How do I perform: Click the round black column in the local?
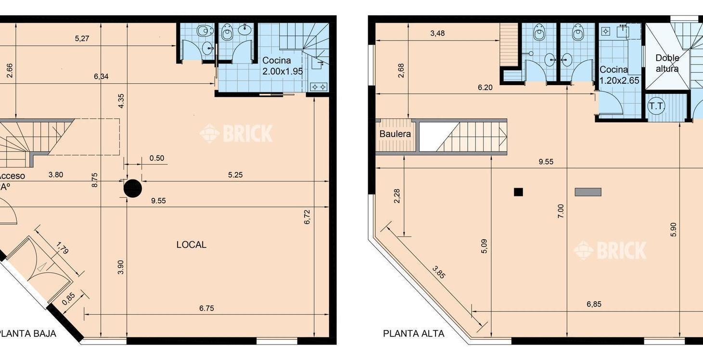tap(133, 188)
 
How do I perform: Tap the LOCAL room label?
tap(192, 245)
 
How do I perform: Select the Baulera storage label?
tap(395, 134)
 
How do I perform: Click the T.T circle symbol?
tap(656, 106)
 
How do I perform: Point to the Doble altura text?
tap(667, 64)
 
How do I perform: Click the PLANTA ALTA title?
tap(414, 334)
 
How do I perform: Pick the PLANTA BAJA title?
tap(27, 334)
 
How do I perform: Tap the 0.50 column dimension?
tap(157, 158)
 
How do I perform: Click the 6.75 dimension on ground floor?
tap(206, 309)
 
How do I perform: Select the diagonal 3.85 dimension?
tap(438, 272)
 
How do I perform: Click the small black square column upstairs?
tap(518, 192)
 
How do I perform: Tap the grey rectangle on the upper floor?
tap(588, 192)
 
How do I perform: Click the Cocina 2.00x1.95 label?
tap(282, 66)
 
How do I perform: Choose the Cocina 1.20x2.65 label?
tap(619, 75)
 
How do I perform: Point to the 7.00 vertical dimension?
tap(561, 211)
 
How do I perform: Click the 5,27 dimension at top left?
tap(82, 39)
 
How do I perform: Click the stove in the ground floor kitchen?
tap(319, 87)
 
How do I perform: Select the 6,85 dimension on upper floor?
tap(594, 304)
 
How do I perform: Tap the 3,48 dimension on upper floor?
tap(437, 33)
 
